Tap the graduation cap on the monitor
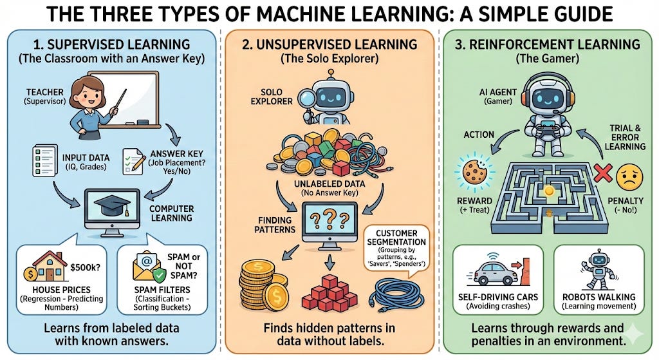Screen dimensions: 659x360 point(111,205)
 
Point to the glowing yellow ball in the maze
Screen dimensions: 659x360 point(548,191)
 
